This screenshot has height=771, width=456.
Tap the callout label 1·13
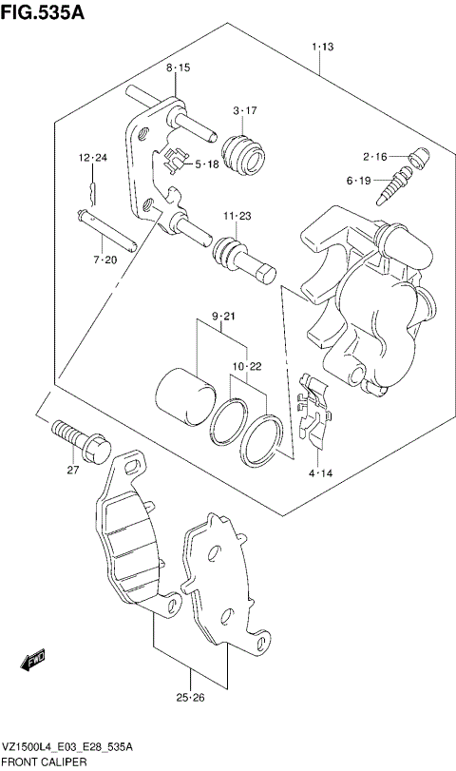pyautogui.click(x=321, y=47)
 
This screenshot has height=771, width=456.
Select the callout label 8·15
pyautogui.click(x=179, y=67)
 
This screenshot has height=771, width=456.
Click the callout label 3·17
pyautogui.click(x=245, y=111)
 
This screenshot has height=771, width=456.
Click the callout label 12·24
pyautogui.click(x=93, y=157)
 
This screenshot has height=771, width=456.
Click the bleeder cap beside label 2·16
pyautogui.click(x=416, y=158)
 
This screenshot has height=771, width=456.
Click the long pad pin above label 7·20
pyautogui.click(x=110, y=231)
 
